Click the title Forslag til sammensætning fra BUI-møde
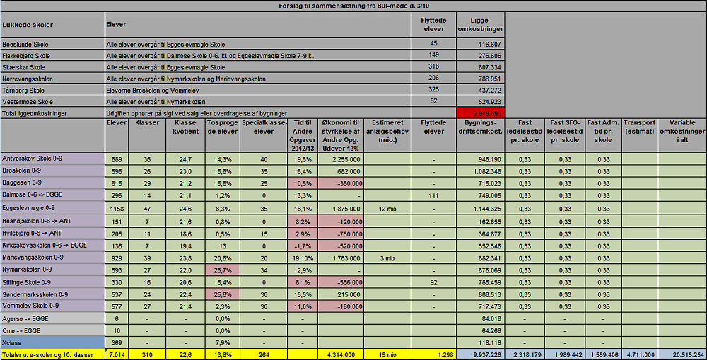[x=353, y=6]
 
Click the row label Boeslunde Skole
[x=25, y=44]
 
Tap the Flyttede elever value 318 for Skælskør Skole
[x=433, y=67]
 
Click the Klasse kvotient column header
[x=185, y=127]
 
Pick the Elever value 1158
[x=117, y=209]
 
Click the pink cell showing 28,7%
[x=222, y=269]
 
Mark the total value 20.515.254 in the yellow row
[x=683, y=354]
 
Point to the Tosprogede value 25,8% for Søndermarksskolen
[x=222, y=294]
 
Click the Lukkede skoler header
[x=28, y=25]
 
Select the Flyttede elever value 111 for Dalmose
[x=433, y=195]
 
